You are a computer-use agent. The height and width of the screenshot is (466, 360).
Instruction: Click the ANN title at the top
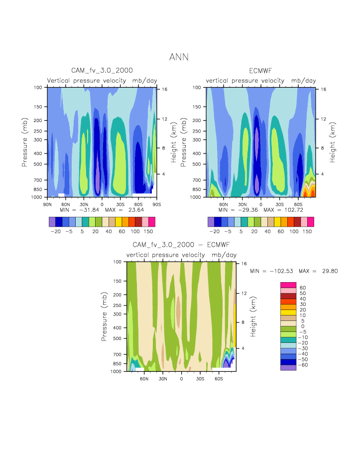click(x=179, y=57)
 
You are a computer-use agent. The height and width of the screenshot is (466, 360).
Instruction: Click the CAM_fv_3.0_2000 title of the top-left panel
click(x=102, y=71)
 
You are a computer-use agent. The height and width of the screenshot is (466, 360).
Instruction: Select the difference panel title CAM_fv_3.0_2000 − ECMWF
click(x=181, y=245)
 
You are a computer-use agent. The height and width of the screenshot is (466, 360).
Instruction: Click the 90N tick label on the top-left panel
click(x=48, y=204)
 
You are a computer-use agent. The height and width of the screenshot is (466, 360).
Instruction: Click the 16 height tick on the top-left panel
click(x=162, y=89)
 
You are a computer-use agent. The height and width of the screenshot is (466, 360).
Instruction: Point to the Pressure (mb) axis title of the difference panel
click(x=104, y=316)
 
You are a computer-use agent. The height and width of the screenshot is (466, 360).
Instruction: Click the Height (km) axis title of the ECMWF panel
click(x=333, y=143)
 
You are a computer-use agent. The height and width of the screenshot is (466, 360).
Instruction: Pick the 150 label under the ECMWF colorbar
click(x=308, y=231)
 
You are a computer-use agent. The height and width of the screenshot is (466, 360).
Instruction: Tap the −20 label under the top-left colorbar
click(x=56, y=231)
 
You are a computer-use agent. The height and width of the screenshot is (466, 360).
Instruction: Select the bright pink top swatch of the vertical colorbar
click(x=288, y=285)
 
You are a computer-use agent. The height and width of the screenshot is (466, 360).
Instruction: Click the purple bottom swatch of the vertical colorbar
click(x=288, y=367)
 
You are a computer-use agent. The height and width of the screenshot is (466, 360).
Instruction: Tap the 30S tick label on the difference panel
click(x=200, y=378)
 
